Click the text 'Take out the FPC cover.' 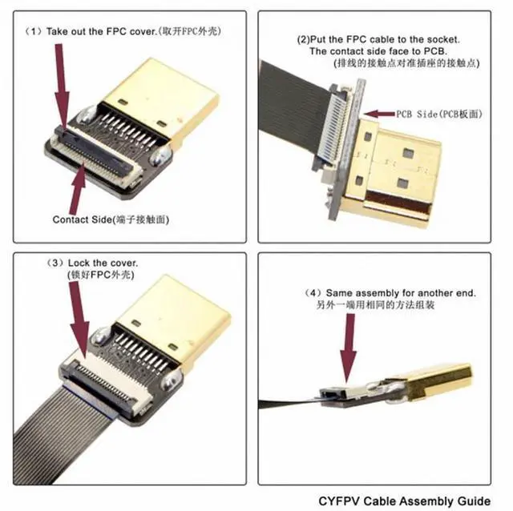point(100,31)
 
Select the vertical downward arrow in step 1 point(60,88)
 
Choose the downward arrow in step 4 point(349,344)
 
